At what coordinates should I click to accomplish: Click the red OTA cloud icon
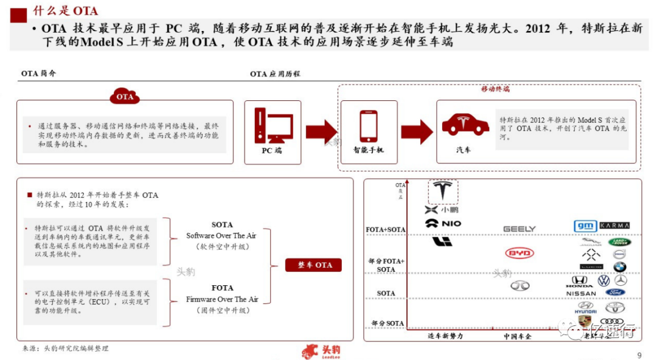(125, 96)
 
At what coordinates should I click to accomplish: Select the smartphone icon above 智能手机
(369, 126)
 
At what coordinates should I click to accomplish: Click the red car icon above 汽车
(465, 124)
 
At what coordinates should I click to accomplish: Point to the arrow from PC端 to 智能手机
(321, 131)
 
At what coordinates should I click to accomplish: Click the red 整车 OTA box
(313, 265)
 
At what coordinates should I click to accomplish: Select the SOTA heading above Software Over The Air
(222, 225)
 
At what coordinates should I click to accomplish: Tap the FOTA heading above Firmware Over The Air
(222, 288)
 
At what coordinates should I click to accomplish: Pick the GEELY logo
(520, 229)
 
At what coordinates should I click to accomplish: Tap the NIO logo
(443, 224)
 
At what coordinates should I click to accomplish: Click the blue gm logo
(585, 226)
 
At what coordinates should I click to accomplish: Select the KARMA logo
(614, 226)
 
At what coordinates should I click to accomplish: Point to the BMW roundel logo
(619, 266)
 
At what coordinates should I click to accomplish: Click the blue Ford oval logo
(615, 292)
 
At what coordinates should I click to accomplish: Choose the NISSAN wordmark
(581, 294)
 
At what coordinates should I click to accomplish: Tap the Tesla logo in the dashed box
(443, 191)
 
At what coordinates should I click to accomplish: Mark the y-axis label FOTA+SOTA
(386, 230)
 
